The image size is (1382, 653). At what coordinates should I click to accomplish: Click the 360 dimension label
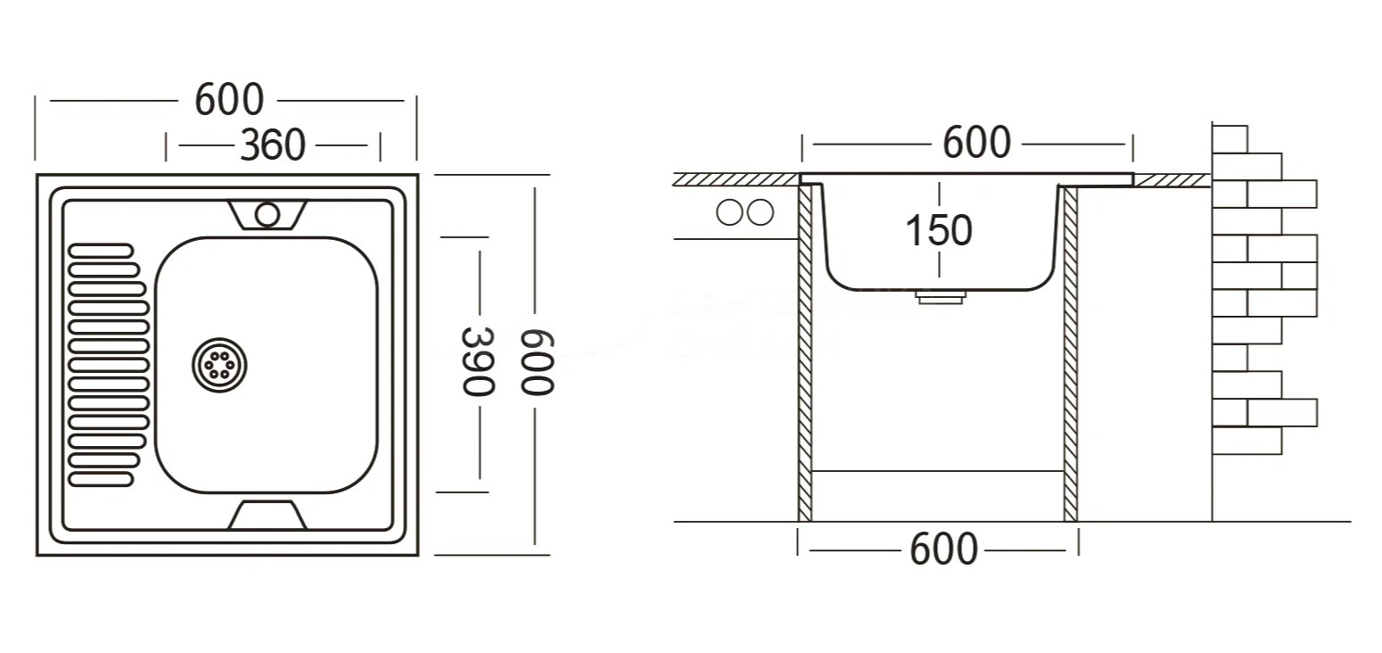[x=272, y=145]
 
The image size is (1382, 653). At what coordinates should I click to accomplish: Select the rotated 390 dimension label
[x=477, y=360]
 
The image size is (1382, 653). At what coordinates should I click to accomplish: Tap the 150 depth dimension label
[x=938, y=230]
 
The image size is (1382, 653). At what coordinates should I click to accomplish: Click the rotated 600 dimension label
[x=538, y=361]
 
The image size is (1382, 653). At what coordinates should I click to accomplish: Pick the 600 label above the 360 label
[x=229, y=100]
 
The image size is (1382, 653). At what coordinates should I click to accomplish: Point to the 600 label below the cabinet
[x=943, y=550]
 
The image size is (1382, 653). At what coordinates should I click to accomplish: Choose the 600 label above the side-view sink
[x=977, y=143]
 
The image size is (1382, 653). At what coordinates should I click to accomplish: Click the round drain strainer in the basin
[x=219, y=363]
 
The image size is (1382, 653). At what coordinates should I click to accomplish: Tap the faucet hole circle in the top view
[x=267, y=213]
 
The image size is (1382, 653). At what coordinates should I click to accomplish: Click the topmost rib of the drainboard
[x=101, y=251]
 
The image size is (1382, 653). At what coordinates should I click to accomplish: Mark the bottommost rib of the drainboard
[x=101, y=480]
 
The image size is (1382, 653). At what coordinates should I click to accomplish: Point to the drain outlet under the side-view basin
[x=940, y=297]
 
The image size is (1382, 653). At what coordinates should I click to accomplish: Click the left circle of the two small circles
[x=730, y=213]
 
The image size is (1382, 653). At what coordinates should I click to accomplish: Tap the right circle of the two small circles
[x=760, y=213]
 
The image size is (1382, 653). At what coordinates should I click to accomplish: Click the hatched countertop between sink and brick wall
[x=1172, y=180]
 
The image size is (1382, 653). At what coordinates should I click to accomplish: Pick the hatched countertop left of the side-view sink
[x=736, y=179]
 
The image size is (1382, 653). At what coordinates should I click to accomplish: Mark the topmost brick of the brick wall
[x=1230, y=139]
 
